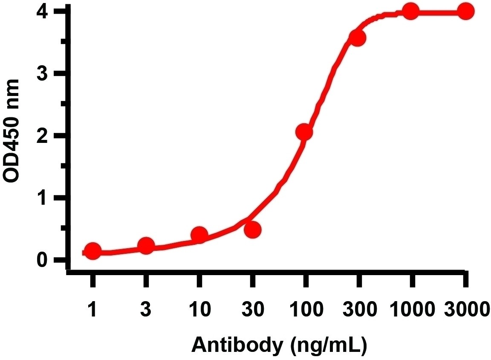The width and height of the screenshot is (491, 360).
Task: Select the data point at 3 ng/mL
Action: pos(146,246)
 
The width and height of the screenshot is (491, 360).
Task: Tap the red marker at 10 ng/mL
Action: pos(199,235)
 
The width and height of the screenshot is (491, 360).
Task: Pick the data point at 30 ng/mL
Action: pos(252,229)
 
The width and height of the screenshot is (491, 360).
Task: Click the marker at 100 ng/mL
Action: pos(304,133)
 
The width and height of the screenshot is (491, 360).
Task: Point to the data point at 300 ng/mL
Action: pos(357,38)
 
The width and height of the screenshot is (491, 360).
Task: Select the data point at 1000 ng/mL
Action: pos(411,12)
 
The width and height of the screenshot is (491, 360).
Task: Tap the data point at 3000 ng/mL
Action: pos(466,12)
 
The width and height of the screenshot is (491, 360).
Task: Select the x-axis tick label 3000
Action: pos(465,308)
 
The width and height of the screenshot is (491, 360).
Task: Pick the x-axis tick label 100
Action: pos(305,308)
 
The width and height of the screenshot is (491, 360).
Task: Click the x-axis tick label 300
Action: pos(358,308)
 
